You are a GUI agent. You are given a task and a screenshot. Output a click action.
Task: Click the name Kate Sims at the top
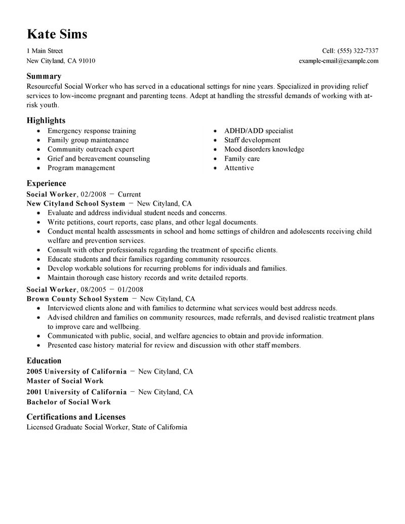pyautogui.click(x=57, y=34)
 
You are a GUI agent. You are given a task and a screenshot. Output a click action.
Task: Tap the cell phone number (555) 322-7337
pyautogui.click(x=358, y=51)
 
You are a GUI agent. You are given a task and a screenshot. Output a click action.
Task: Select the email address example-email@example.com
pyautogui.click(x=339, y=61)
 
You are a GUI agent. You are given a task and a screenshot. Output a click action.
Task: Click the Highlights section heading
pyautogui.click(x=46, y=120)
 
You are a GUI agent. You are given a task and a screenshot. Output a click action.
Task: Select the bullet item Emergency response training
pyautogui.click(x=92, y=131)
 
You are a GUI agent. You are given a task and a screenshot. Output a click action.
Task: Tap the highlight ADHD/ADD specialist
pyautogui.click(x=259, y=131)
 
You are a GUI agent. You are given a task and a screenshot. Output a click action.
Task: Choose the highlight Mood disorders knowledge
pyautogui.click(x=264, y=149)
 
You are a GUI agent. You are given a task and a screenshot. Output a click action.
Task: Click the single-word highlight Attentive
pyautogui.click(x=239, y=168)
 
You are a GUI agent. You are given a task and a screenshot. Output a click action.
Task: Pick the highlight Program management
pyautogui.click(x=81, y=168)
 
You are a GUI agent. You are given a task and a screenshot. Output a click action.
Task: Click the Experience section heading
pyautogui.click(x=46, y=183)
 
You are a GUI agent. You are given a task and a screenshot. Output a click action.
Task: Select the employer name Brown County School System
pyautogui.click(x=77, y=299)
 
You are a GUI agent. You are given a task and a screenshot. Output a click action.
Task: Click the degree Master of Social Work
pyautogui.click(x=65, y=381)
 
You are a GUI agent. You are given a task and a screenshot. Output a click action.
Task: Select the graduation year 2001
pyautogui.click(x=34, y=392)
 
